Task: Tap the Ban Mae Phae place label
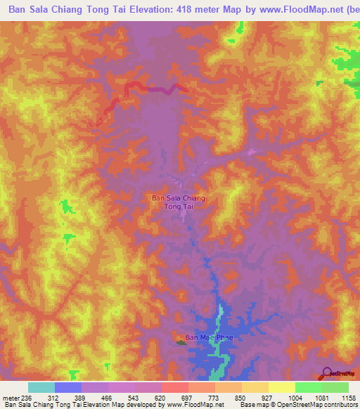tap(207, 338)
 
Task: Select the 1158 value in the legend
tap(347, 397)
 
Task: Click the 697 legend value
tap(187, 397)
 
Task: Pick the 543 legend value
tap(133, 397)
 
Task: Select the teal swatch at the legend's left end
tap(41, 387)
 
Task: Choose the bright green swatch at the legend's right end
tap(335, 387)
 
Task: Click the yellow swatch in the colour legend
tap(281, 387)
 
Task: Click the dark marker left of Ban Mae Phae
tap(181, 343)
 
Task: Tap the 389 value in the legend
tap(79, 397)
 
